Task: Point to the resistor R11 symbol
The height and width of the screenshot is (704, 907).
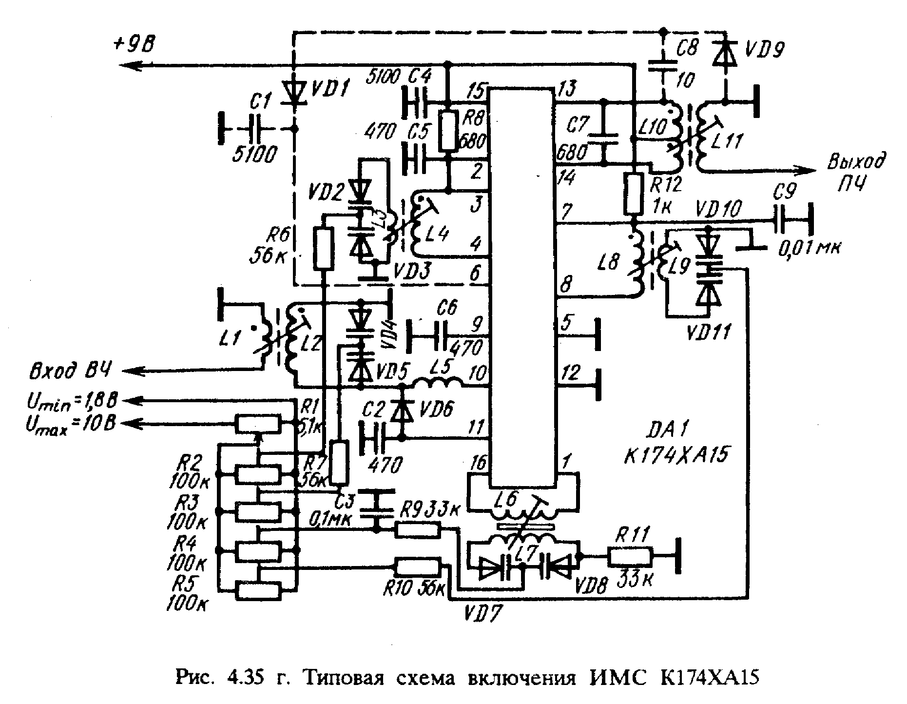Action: point(630,555)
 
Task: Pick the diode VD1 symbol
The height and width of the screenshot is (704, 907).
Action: point(293,95)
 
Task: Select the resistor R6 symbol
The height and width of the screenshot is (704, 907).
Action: point(323,249)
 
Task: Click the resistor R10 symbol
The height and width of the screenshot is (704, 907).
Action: point(418,567)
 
